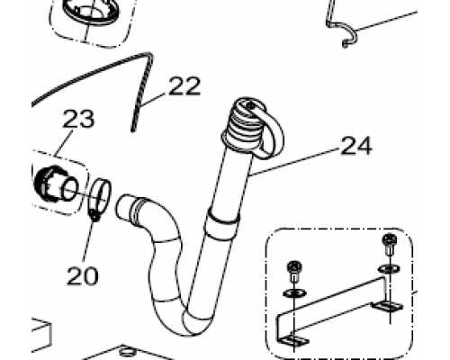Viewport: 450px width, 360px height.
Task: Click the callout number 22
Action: [184, 86]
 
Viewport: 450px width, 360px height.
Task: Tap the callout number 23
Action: [78, 119]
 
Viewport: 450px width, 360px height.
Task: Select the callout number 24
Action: [356, 146]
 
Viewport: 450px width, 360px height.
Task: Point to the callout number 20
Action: [83, 276]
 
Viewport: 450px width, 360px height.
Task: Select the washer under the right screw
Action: [389, 268]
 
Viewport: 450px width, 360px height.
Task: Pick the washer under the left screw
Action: [294, 293]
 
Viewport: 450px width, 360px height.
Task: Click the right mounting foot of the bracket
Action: [387, 306]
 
